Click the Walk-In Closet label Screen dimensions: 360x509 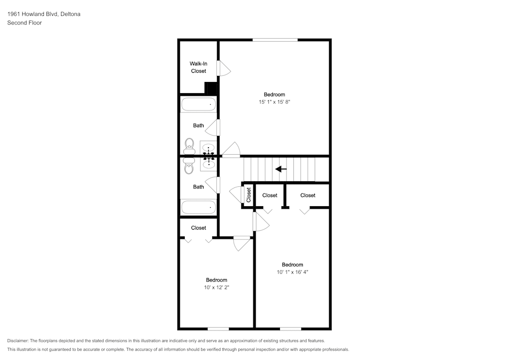coord(199,67)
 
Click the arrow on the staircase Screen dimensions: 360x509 coord(281,169)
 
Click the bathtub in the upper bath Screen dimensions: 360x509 coord(199,104)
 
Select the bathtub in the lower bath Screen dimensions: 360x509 coord(199,207)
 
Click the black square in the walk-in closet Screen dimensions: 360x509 coord(211,88)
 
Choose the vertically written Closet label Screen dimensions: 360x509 coord(249,195)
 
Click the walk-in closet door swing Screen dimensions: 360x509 coord(224,68)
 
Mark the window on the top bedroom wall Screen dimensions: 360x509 coord(275,40)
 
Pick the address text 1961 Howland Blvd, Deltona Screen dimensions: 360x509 coord(44,14)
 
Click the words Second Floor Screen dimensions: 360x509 coord(24,23)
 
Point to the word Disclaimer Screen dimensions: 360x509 coord(18,341)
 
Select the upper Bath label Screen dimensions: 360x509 coord(199,125)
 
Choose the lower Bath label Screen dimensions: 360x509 coord(199,187)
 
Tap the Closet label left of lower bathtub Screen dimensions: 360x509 coord(199,228)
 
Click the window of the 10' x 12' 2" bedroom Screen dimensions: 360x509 coord(218,328)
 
